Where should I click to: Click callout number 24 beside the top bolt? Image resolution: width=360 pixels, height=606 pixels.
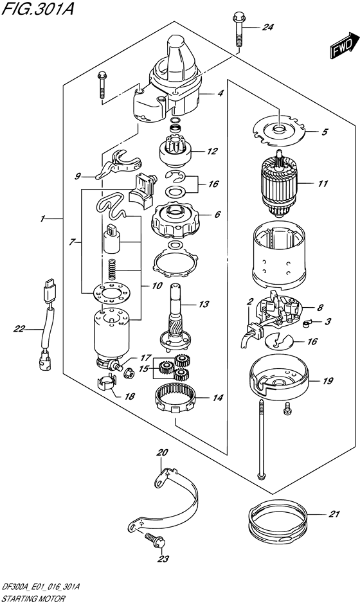coord(267,28)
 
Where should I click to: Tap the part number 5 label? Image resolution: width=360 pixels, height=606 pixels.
coord(325,132)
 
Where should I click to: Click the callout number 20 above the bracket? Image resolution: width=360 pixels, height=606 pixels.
coord(161,452)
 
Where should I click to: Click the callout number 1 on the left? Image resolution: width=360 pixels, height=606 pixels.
coord(42,219)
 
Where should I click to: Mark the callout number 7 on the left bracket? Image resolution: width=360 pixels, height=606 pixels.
coord(74,242)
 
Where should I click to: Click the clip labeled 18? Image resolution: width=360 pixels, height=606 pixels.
coord(107,386)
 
